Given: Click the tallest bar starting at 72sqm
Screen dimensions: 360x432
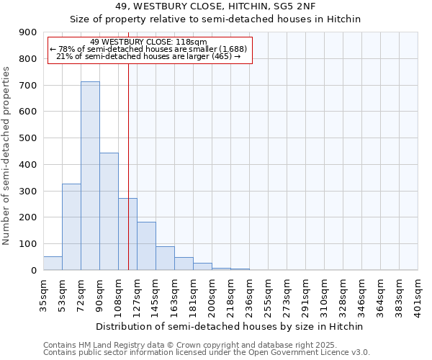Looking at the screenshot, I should point(90,176).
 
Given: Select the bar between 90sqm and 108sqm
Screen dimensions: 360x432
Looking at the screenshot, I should point(109,212).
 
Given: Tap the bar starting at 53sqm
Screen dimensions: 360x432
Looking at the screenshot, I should point(71,227).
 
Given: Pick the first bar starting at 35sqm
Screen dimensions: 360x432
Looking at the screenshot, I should point(53,264).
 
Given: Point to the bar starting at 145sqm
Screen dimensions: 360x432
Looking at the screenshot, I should point(165,258).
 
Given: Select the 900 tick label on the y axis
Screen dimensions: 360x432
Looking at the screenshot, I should point(28,32).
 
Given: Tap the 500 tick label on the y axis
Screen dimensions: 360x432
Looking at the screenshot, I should point(28,138).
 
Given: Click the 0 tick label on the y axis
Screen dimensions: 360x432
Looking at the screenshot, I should point(33,271).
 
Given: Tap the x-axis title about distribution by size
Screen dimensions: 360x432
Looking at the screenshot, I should point(230,326).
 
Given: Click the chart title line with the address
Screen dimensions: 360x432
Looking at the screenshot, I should point(215,6).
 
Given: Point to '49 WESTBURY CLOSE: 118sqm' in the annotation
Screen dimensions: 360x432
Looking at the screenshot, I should point(149,42).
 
